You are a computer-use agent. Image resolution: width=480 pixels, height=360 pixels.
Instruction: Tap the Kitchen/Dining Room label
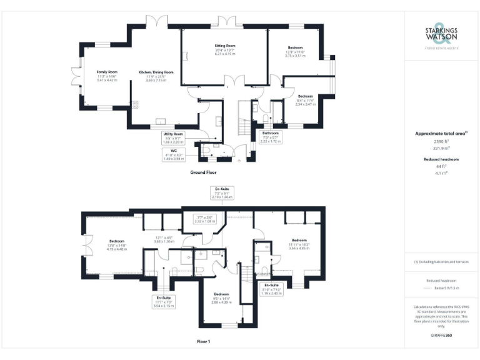(x=156, y=76)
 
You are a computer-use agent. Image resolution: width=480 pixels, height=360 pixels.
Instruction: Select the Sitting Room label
(x=225, y=49)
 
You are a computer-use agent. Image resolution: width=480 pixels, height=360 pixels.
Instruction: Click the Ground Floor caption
(x=203, y=171)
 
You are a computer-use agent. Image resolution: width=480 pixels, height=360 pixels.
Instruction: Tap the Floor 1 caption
(x=204, y=341)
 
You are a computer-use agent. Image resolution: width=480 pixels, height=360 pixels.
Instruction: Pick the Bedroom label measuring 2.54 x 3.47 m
(x=305, y=99)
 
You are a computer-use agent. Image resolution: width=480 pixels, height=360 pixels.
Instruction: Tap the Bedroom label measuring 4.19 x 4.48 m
(x=117, y=244)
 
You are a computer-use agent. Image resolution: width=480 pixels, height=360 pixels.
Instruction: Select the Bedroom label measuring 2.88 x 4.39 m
(x=221, y=297)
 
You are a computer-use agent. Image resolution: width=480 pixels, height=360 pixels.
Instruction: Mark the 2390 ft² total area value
(x=441, y=142)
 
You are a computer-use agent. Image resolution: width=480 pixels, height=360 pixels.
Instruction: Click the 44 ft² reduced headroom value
(x=441, y=167)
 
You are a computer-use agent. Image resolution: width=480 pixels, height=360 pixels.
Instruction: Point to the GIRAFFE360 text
(x=441, y=336)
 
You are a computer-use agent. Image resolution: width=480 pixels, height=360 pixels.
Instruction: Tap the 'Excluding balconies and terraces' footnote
(x=441, y=262)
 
